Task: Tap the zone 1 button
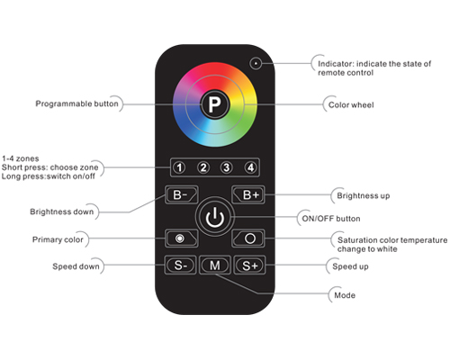[179, 167]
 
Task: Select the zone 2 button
[203, 167]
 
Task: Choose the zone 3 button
[227, 167]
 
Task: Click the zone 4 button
[250, 167]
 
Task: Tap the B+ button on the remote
[248, 194]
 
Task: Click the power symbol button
[215, 217]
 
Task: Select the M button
[215, 265]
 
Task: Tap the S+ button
[249, 265]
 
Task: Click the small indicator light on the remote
[256, 64]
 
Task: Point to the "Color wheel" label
[351, 105]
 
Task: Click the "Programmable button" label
[76, 103]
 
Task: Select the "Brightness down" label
[62, 211]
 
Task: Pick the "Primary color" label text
[58, 239]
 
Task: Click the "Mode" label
[345, 295]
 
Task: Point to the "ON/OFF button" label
[331, 219]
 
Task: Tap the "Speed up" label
[350, 266]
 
